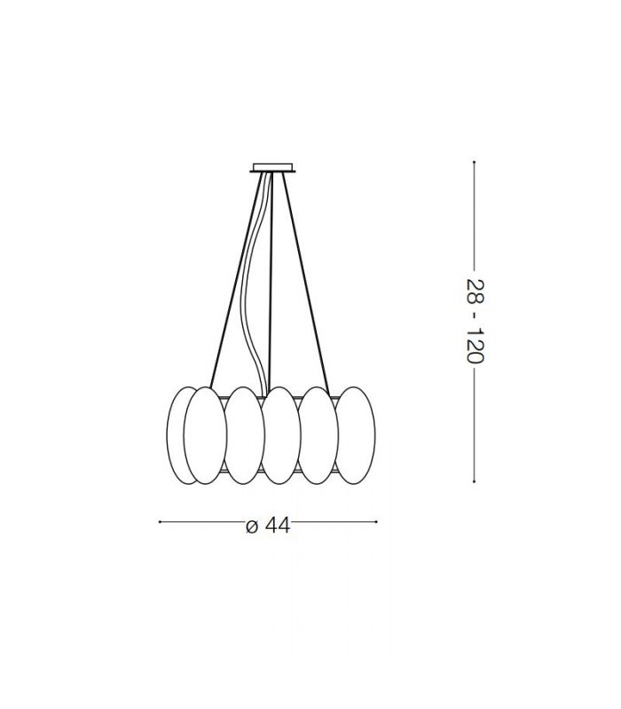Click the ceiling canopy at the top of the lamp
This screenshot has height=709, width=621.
[273, 168]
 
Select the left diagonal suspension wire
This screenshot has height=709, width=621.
[237, 280]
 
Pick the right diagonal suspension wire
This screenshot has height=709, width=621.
[305, 280]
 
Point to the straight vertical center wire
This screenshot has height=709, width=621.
[271, 280]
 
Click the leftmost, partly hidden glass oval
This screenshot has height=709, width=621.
[177, 435]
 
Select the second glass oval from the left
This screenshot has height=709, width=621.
[205, 435]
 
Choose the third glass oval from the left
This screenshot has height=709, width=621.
[243, 435]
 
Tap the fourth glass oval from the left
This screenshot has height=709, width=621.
[281, 435]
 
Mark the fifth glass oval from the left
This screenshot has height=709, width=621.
[318, 435]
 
